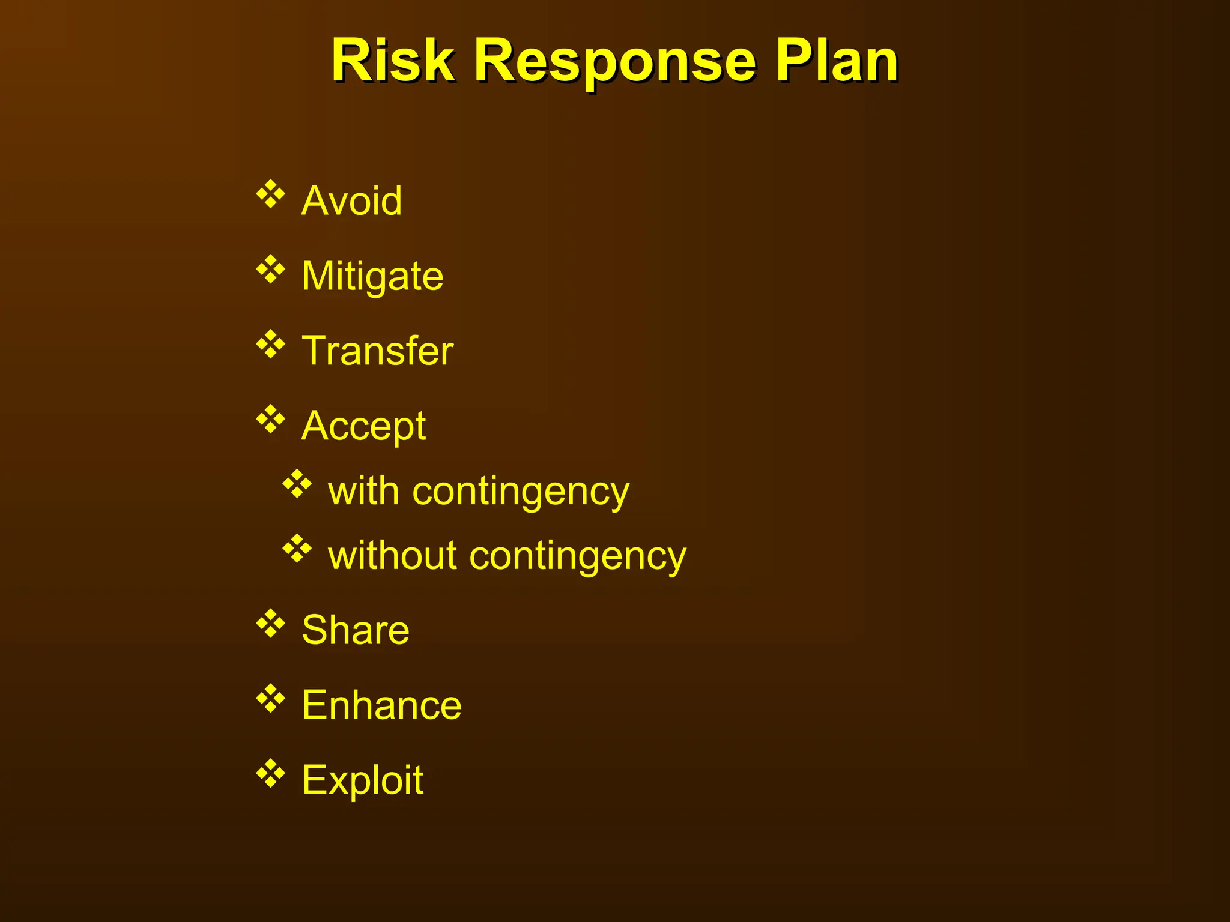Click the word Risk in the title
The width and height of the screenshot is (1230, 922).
pos(393,61)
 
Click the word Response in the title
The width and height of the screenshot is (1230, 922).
pos(614,62)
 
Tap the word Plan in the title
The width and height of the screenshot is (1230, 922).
pos(836,61)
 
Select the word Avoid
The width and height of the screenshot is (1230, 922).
pos(352,200)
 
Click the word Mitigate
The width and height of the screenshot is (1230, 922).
pos(372,277)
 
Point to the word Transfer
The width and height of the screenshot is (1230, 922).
pos(377,351)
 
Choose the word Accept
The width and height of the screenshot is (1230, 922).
pos(364,427)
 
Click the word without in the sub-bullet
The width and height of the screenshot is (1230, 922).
pos(393,555)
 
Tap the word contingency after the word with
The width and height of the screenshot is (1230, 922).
pos(521,492)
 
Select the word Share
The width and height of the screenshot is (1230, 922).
pos(356,630)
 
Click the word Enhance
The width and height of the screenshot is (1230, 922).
pos(382,705)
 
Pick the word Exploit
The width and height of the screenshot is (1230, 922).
pos(363,780)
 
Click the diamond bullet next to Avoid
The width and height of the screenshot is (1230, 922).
pos(271,194)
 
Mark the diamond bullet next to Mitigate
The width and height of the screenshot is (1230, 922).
pos(271,270)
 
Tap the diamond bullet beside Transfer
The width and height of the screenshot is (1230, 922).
pos(271,345)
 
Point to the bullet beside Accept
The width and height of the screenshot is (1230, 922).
pos(271,420)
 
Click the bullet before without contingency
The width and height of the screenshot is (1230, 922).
pos(297,549)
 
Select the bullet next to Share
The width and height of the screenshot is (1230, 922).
pos(271,624)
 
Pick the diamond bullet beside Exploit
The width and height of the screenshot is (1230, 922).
pos(271,774)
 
